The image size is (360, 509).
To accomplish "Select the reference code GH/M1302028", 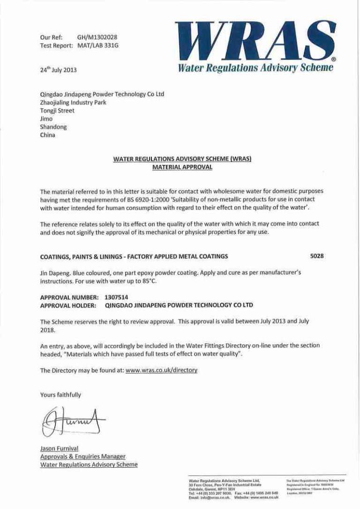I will coord(97,37).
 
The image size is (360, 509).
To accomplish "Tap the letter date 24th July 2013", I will coord(58,70).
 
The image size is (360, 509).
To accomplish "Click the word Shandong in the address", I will coord(53,127).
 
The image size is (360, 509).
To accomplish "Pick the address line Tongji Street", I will coord(57,111).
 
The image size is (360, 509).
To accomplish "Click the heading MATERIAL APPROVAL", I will coord(182,167).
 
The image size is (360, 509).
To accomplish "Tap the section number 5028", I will coord(317,256).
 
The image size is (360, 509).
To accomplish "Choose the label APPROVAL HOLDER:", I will coord(68,305).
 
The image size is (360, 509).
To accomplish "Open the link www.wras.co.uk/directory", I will coord(161,370).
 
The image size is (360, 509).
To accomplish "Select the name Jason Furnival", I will coord(59,449).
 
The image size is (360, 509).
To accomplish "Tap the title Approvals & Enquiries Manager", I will coord(82,457).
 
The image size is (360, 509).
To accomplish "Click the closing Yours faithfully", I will coord(60,395).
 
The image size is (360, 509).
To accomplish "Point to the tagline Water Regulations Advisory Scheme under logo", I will coord(255,67).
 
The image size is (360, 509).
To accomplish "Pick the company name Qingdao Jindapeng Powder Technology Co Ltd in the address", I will coord(102,94).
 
